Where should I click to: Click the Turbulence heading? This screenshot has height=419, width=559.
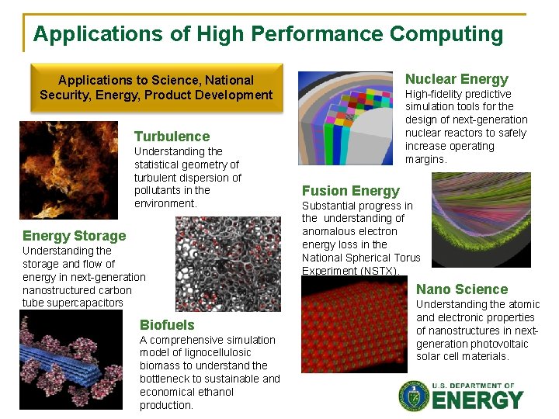172,137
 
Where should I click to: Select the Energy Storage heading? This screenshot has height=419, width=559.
74,236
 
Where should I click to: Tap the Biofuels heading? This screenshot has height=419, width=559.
167,324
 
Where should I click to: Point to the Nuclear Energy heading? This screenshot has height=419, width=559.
457,79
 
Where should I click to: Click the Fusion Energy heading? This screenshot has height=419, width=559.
350,191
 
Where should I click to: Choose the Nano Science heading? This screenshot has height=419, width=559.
462,289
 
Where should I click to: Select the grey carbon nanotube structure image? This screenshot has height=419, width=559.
227,264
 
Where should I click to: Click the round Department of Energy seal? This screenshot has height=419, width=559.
414,396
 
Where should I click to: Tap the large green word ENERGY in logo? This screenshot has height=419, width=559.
477,400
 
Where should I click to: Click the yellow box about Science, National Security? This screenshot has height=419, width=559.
156,88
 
